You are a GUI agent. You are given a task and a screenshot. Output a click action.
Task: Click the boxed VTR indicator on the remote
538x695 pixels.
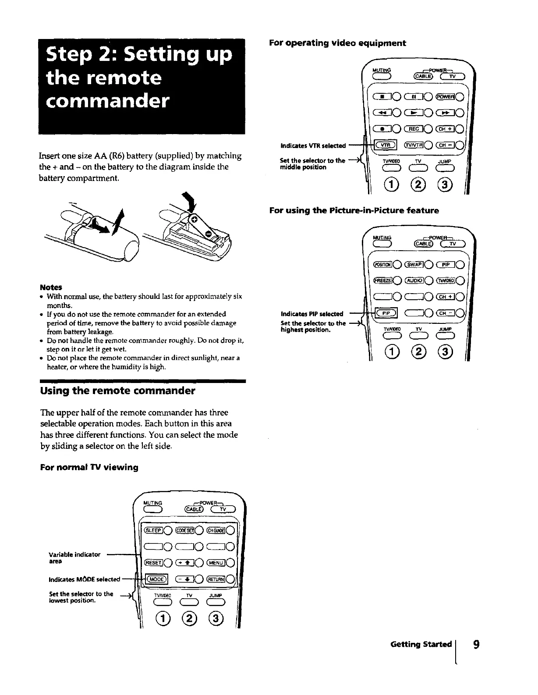click(384, 145)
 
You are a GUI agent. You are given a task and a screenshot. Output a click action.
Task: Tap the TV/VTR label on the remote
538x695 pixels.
click(413, 145)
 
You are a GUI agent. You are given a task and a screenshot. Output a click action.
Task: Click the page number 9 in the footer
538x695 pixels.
click(476, 644)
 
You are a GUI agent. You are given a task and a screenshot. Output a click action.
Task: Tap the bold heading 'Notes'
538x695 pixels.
click(51, 287)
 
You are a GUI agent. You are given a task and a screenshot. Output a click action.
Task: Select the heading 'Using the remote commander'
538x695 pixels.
click(117, 391)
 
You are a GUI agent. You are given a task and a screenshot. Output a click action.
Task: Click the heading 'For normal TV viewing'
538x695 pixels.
click(89, 467)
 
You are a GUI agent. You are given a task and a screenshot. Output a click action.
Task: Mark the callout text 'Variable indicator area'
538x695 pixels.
click(74, 557)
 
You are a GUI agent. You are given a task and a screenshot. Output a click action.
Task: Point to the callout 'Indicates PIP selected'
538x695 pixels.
click(312, 314)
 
